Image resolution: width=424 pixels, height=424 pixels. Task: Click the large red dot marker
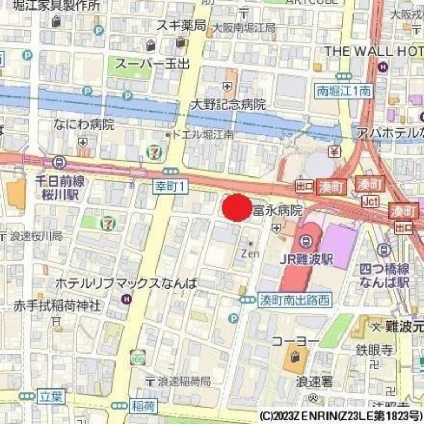pyautogui.click(x=236, y=208)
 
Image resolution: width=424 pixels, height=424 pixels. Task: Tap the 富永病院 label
pyautogui.click(x=278, y=210)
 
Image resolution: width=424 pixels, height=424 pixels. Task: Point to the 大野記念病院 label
pyautogui.click(x=228, y=104)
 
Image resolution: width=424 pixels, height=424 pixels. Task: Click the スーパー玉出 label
pyautogui.click(x=152, y=64)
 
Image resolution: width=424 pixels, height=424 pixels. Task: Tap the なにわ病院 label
pyautogui.click(x=84, y=125)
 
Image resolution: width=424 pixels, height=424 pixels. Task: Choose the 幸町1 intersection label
pyautogui.click(x=170, y=186)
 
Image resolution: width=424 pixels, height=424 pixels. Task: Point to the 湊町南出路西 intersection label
pyautogui.click(x=294, y=300)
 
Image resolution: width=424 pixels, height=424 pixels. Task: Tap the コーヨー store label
pyautogui.click(x=296, y=340)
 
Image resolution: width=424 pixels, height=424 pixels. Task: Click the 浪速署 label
pyautogui.click(x=314, y=381)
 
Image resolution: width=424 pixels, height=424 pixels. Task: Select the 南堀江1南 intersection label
pyautogui.click(x=343, y=91)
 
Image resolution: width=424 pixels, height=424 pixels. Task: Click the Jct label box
pyautogui.click(x=371, y=201)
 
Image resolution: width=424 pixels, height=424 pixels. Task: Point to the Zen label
pyautogui.click(x=250, y=253)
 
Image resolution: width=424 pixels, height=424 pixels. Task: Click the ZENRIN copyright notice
pyautogui.click(x=341, y=415)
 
